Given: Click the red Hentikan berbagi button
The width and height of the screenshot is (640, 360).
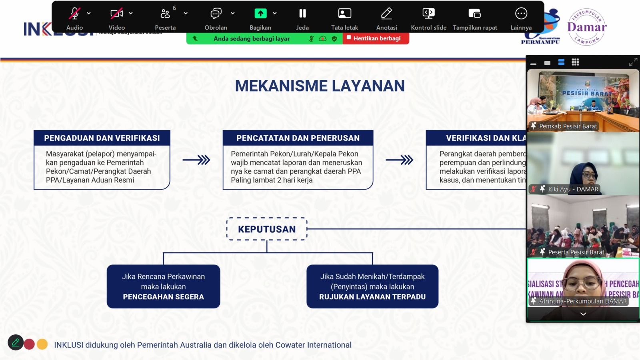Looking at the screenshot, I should click(376, 38).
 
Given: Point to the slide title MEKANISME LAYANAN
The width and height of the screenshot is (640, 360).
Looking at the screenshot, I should click(320, 86).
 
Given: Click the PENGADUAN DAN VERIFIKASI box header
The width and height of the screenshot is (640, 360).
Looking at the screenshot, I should click(102, 138).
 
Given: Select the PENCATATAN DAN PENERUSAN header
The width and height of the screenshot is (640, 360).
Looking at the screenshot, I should click(298, 138).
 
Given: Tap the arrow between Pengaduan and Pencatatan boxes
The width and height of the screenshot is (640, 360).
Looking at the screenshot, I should click(196, 160).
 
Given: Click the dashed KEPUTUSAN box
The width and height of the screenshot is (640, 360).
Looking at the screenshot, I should click(267, 229).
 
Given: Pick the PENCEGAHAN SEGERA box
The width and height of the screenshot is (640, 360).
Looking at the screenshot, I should click(163, 287).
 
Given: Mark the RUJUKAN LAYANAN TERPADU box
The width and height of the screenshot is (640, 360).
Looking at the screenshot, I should click(372, 287).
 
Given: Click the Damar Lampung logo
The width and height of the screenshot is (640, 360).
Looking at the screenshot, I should click(587, 27).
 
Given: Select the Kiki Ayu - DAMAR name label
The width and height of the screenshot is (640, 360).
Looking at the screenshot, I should click(573, 189).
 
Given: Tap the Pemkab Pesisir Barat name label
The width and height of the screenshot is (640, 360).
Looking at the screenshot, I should click(568, 126).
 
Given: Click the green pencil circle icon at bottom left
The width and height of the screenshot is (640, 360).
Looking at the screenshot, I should click(16, 342).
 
